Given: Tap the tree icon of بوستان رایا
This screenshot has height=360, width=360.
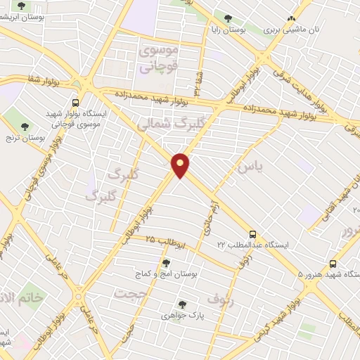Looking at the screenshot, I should [226, 18].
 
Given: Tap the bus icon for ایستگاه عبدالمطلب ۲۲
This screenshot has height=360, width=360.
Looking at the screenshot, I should [252, 234].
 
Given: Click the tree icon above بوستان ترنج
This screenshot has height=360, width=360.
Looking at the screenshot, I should [25, 127].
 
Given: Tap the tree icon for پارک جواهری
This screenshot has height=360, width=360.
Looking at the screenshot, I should [182, 304].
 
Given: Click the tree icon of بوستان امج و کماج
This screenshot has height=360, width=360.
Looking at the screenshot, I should [166, 263].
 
